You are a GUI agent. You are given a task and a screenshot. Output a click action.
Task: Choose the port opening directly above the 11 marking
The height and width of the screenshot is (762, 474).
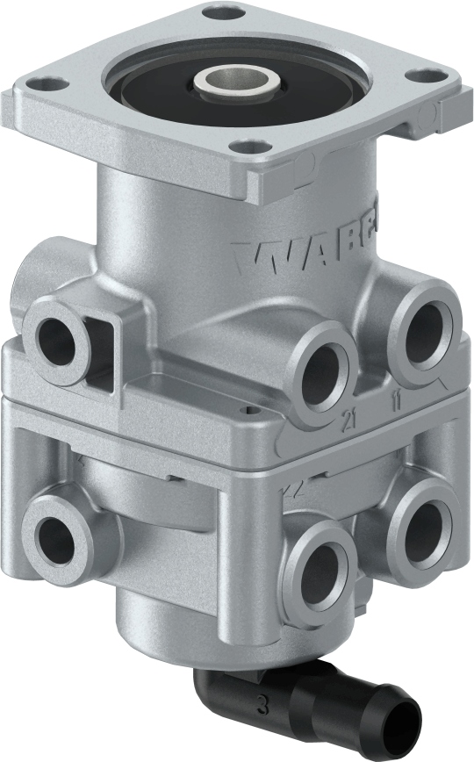tap(425, 331)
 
